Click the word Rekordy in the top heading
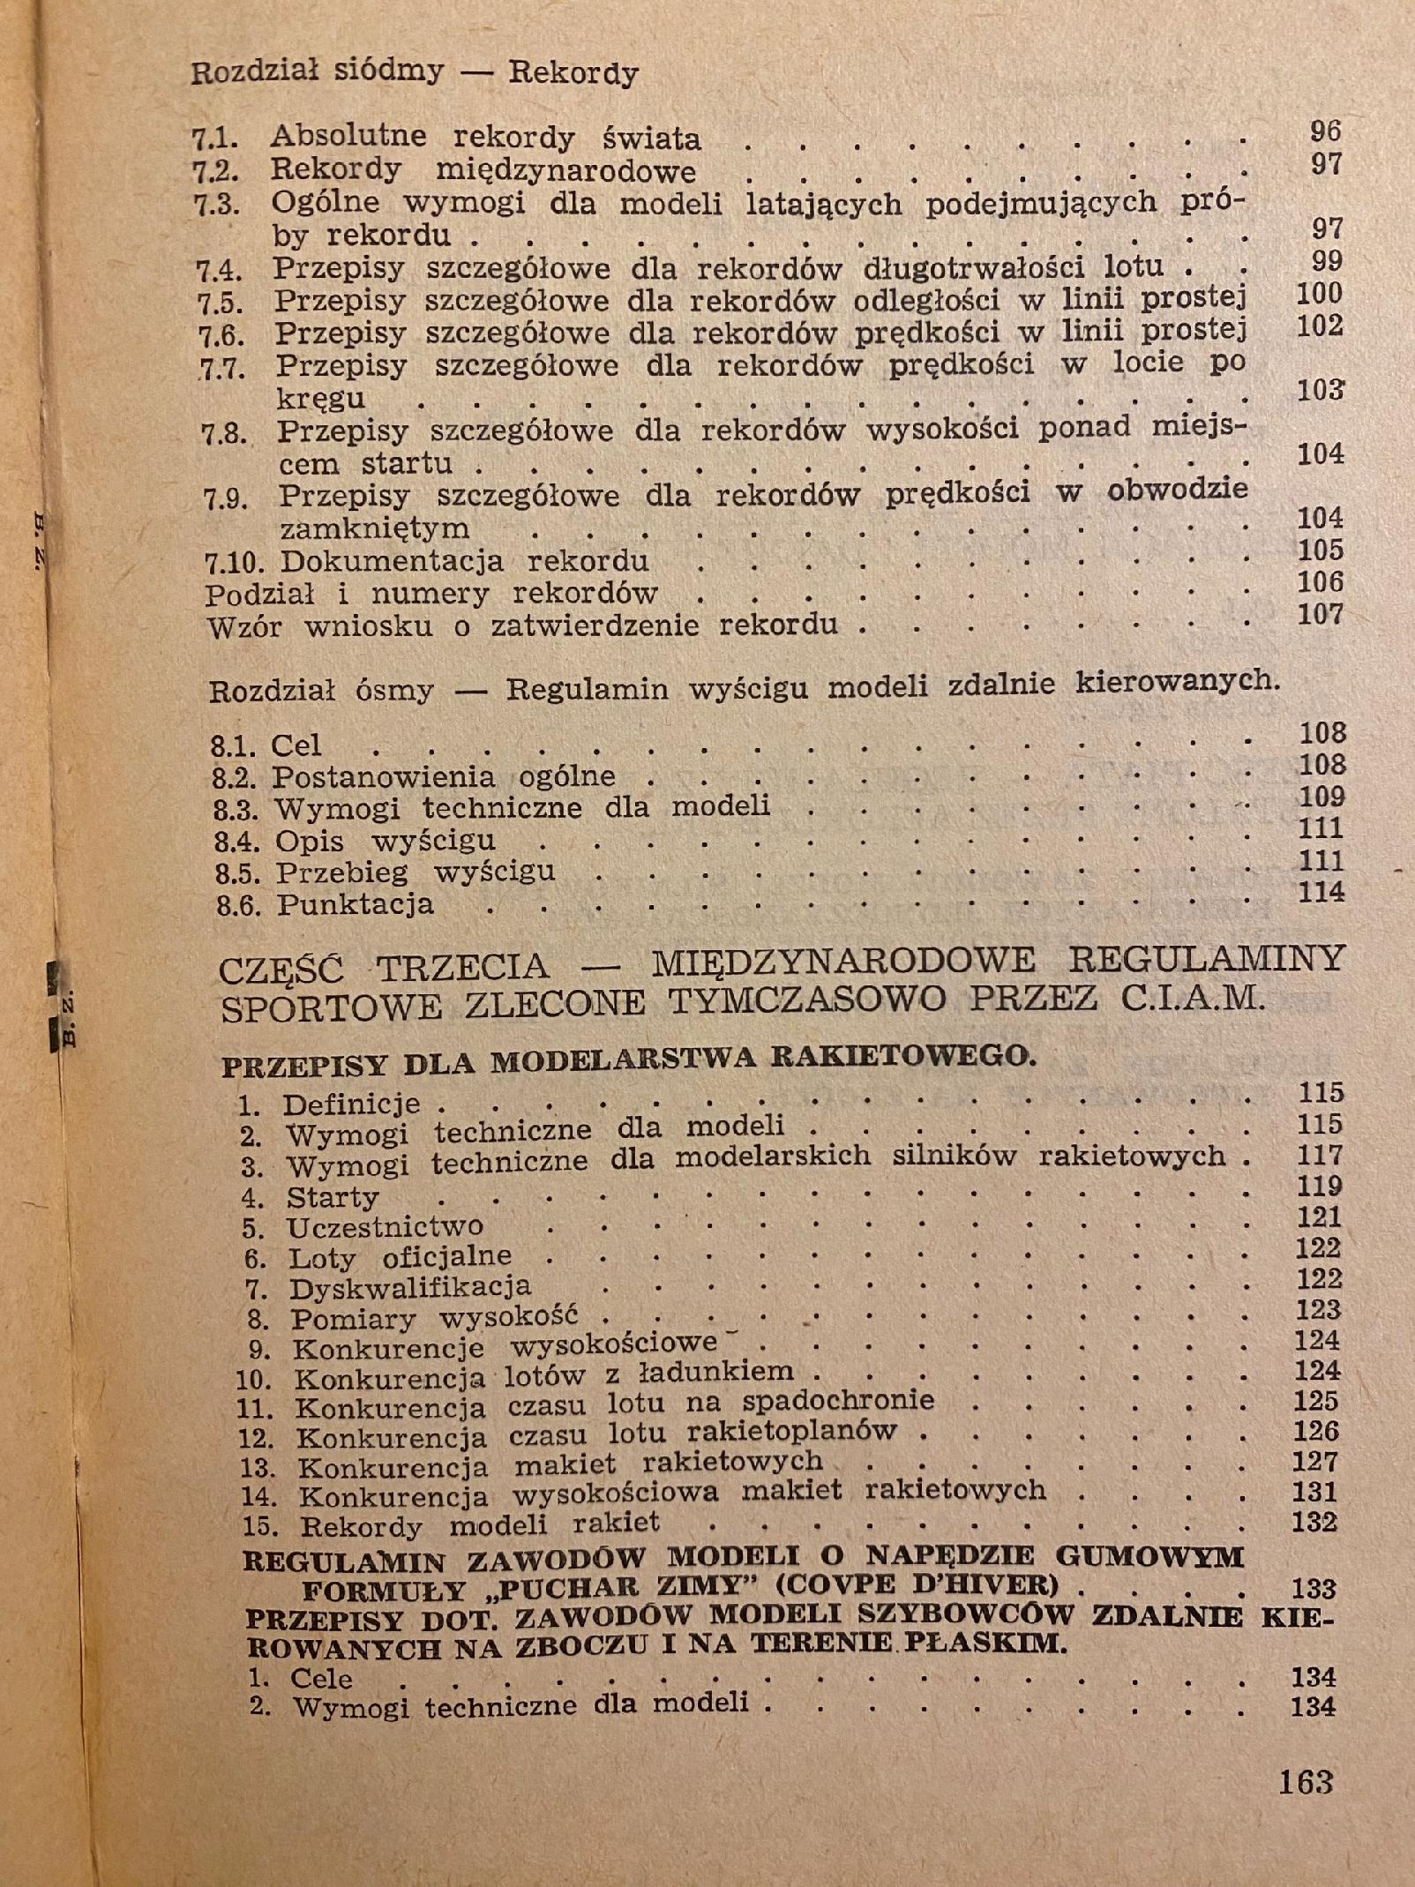click(x=573, y=73)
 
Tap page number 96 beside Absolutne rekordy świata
click(x=1325, y=131)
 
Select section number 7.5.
click(x=220, y=303)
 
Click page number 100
click(x=1319, y=294)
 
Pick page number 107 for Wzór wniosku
click(x=1320, y=613)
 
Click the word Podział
click(x=259, y=595)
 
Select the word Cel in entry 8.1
click(x=296, y=745)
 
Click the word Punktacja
click(x=355, y=905)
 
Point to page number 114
click(x=1321, y=892)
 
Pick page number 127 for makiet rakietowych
click(x=1315, y=1462)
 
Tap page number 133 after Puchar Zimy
click(x=1314, y=1589)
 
